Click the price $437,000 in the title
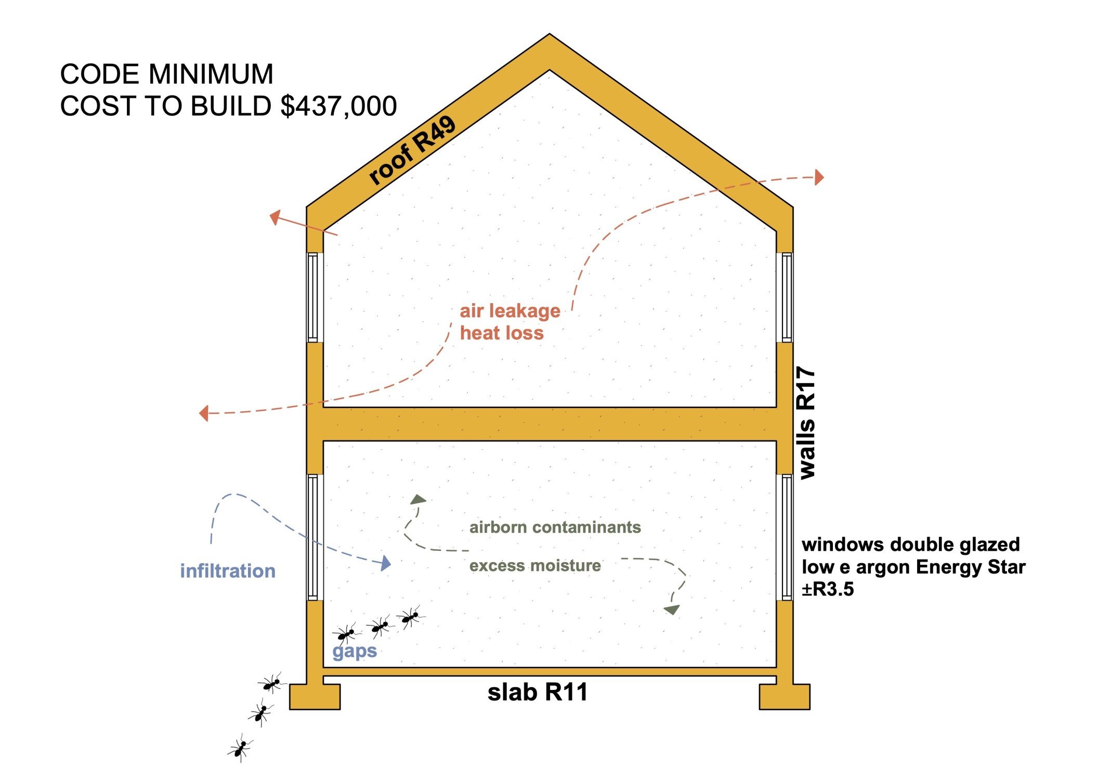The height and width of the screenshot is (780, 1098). [x=338, y=107]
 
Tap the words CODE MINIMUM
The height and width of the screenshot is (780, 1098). [x=166, y=74]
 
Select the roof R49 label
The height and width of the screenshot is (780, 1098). [x=412, y=151]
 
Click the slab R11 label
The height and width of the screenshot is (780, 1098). [x=538, y=693]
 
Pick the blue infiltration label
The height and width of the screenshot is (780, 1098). [x=228, y=571]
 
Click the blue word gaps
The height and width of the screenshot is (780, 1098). [x=355, y=651]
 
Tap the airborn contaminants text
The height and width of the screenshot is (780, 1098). [x=555, y=527]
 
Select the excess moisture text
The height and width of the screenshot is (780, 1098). [x=535, y=566]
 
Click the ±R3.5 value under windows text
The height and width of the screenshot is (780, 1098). [x=828, y=590]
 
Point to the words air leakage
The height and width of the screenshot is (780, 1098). [x=510, y=311]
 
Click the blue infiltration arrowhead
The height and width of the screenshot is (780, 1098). [x=385, y=563]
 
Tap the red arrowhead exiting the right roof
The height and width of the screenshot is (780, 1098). [x=819, y=177]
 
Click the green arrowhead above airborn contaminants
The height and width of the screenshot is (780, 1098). [x=418, y=500]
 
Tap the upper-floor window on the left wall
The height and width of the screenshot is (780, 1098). [x=313, y=297]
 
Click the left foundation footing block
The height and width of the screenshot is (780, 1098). [x=315, y=697]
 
